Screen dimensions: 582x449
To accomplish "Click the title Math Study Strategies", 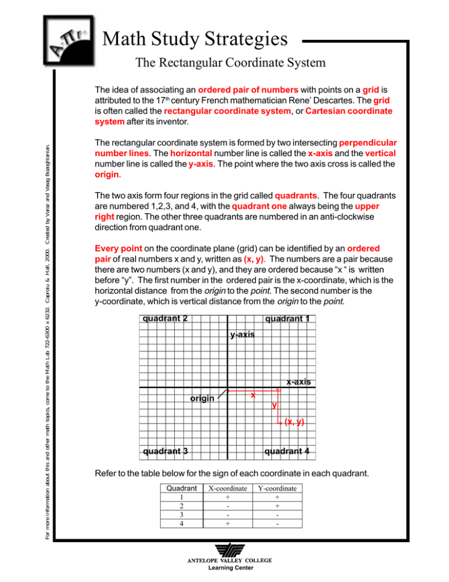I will pyautogui.click(x=195, y=40).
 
